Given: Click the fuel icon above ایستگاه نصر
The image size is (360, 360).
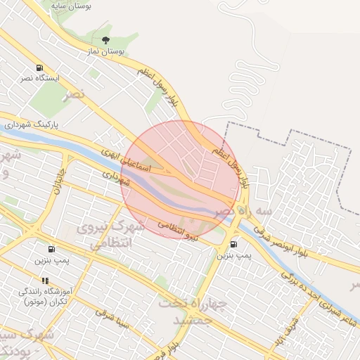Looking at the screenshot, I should click(39, 68).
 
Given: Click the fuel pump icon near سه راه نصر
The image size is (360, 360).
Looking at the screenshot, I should click(233, 243).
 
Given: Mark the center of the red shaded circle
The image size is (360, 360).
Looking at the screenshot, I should click(181, 179).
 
